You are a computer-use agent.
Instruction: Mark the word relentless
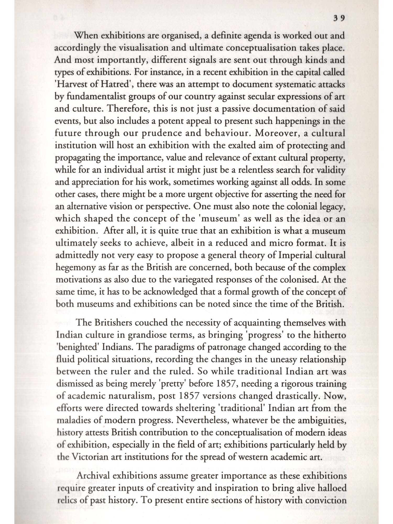click(x=262, y=170)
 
